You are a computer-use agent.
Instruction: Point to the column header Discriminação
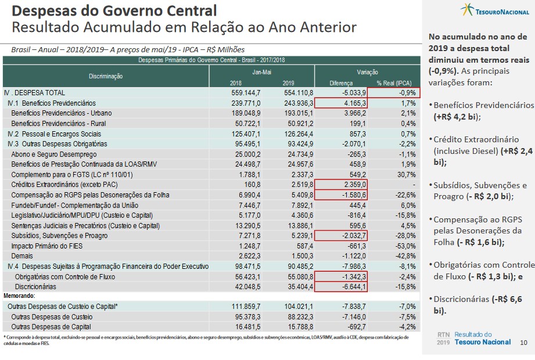tap(106, 76)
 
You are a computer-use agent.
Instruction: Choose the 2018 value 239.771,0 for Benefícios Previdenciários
tap(246, 103)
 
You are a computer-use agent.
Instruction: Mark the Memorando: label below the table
tap(19, 296)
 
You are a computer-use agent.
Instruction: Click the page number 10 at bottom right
tap(523, 343)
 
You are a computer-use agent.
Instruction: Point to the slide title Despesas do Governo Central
tap(114, 10)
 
